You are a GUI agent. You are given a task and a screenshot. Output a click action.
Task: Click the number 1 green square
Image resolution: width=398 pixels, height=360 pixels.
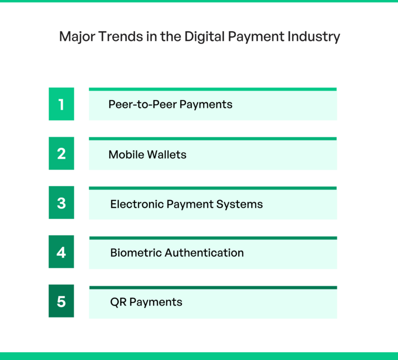[61, 104]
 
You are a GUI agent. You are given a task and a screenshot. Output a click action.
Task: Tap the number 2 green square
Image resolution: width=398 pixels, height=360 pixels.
[61, 154]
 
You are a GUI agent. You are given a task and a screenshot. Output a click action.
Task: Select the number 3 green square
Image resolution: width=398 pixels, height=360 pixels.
[61, 203]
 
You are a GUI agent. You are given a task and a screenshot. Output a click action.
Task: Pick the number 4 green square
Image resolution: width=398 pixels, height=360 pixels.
[61, 252]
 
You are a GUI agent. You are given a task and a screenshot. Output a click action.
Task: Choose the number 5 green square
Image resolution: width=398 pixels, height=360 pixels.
[61, 301]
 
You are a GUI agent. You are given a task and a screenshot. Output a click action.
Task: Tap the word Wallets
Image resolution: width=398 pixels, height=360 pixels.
[167, 155]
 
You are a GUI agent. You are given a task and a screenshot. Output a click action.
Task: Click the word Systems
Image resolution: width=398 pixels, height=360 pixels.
[243, 204]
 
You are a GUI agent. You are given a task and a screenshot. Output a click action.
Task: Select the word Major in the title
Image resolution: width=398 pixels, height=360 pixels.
[74, 37]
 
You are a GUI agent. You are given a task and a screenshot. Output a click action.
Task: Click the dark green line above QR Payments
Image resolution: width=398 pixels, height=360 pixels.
[213, 287]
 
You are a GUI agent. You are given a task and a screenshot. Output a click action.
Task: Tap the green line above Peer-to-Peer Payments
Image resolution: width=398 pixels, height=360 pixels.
[213, 89]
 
